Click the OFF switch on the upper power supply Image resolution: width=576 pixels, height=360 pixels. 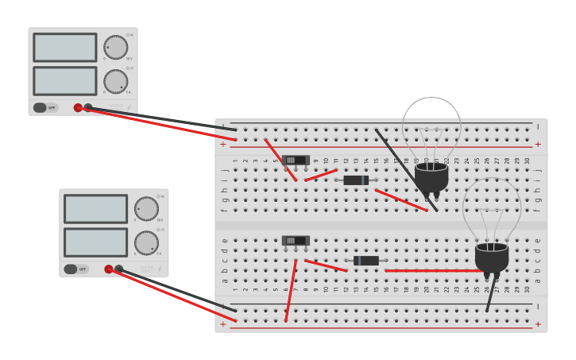[46, 107]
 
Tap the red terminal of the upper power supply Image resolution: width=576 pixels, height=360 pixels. [78, 107]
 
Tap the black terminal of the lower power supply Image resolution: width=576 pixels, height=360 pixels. [119, 269]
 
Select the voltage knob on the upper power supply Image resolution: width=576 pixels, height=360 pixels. [115, 47]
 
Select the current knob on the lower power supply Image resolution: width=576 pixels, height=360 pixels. [146, 242]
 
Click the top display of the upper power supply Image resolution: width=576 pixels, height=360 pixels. [65, 48]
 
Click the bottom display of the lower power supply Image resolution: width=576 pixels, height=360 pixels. [95, 242]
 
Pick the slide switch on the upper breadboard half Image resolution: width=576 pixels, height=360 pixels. [296, 160]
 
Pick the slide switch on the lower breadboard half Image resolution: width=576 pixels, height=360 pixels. [296, 240]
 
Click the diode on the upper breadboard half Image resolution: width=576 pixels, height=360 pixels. [356, 180]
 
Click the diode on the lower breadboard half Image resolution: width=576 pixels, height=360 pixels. [366, 261]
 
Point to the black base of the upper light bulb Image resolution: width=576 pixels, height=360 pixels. [431, 176]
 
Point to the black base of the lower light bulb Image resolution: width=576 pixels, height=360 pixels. [492, 257]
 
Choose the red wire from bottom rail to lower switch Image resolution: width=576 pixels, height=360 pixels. [291, 290]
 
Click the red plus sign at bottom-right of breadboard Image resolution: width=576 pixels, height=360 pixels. [538, 324]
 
